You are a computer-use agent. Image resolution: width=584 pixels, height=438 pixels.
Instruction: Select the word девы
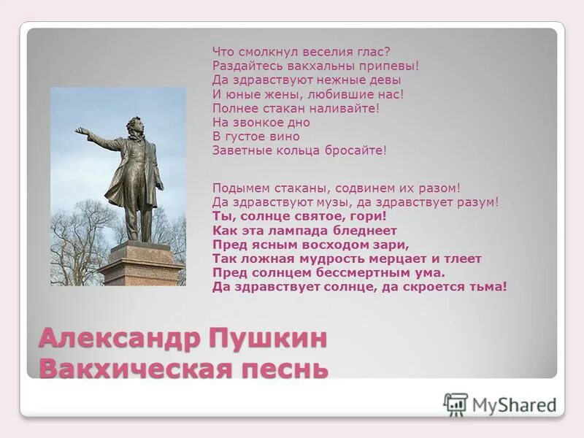coord(384,80)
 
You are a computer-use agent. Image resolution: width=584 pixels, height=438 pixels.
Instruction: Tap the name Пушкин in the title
coord(267,339)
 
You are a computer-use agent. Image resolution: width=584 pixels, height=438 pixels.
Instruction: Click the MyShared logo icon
coord(456,404)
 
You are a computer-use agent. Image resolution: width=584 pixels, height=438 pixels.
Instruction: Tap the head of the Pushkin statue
coord(134,125)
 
